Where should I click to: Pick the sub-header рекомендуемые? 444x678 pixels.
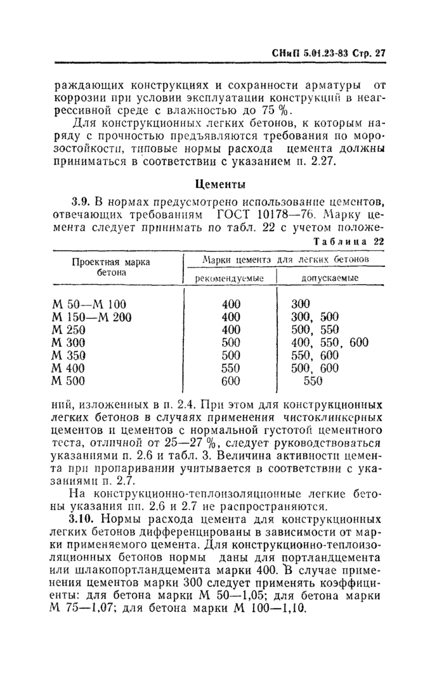230,278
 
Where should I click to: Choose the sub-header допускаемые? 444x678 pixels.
329,278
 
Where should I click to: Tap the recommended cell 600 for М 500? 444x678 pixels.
231,381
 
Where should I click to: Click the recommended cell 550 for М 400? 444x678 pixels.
231,369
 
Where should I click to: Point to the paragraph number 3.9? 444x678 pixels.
81,201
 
